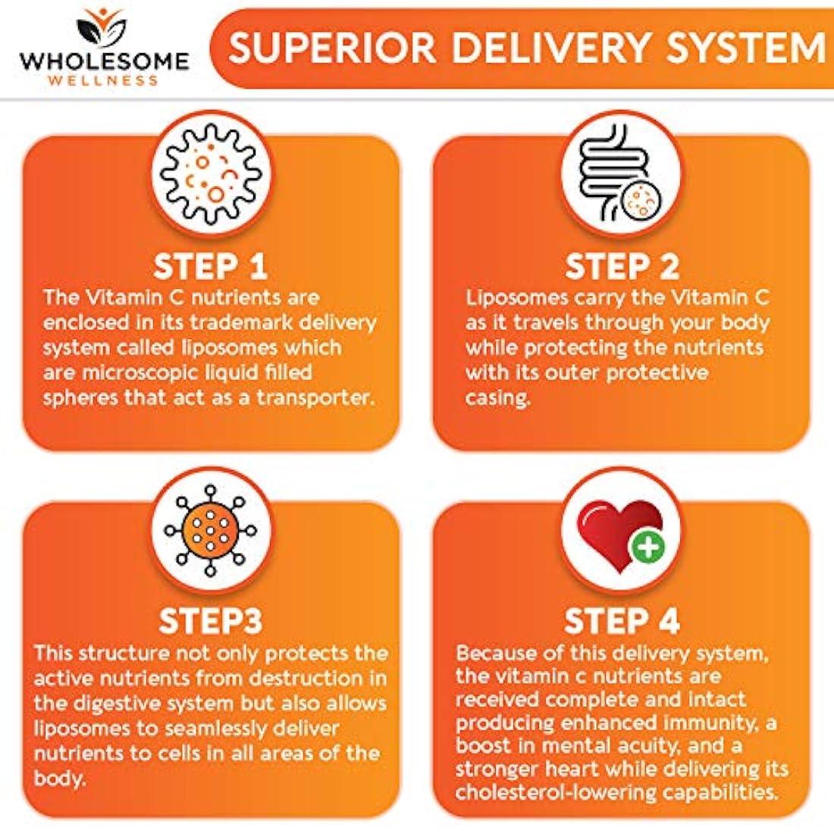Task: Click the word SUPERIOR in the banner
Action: click(x=333, y=47)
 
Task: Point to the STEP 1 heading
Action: click(x=210, y=266)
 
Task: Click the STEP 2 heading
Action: click(x=622, y=266)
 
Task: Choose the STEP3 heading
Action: click(x=210, y=620)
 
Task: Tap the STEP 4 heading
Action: click(x=622, y=620)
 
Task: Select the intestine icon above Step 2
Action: click(x=621, y=174)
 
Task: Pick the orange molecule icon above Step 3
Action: click(x=211, y=530)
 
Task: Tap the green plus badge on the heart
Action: click(x=647, y=546)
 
